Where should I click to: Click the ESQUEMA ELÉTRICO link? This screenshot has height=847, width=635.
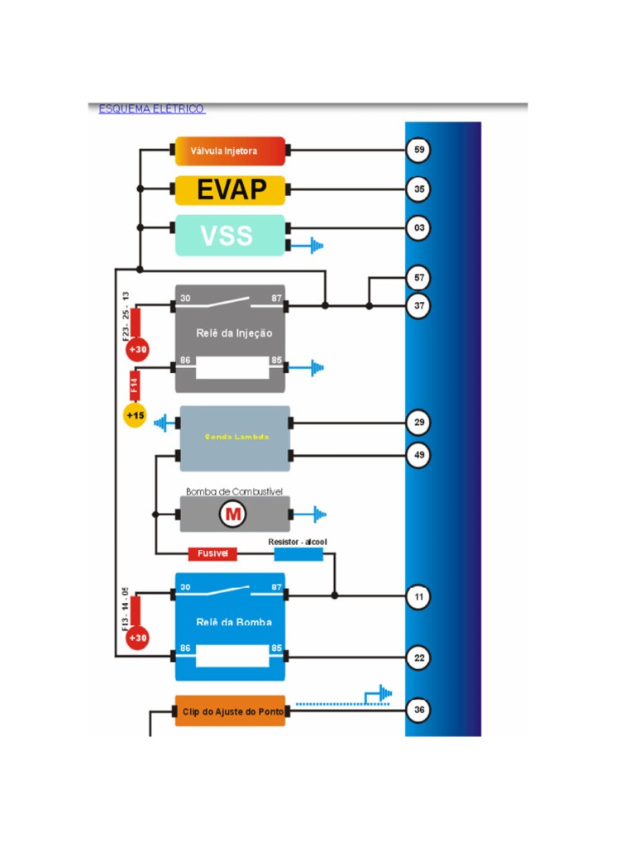coord(151,109)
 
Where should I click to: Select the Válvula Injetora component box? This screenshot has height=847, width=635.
coord(230,151)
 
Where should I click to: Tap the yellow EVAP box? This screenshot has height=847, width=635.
coord(230,190)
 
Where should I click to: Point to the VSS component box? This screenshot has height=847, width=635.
coord(229,235)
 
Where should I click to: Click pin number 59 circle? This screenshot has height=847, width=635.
coord(419,151)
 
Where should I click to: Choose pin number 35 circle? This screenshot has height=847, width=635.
coord(419,189)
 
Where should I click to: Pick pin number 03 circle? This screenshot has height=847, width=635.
coord(419,227)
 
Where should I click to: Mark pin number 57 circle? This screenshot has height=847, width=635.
coord(419,278)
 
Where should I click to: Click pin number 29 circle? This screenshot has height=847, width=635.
coord(419,423)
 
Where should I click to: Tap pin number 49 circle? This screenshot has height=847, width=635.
coord(419,454)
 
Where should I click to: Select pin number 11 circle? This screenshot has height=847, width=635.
coord(419,596)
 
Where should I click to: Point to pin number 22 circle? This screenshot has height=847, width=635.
coord(419,658)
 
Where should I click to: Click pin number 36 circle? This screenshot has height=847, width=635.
coord(419,710)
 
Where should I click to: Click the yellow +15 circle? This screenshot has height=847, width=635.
coord(135,414)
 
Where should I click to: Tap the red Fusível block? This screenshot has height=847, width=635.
coord(213,553)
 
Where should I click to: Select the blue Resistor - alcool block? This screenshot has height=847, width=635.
coord(298,553)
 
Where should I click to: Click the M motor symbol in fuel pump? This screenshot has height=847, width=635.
coord(233,515)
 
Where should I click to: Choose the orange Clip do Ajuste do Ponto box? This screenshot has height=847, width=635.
coord(230,711)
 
